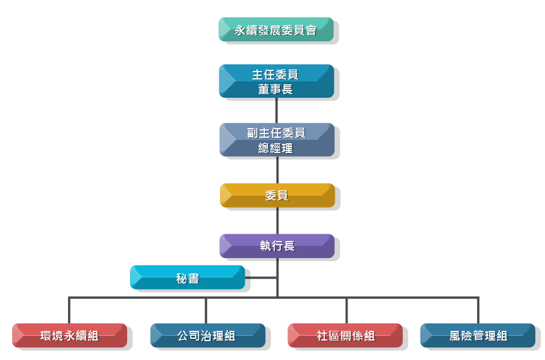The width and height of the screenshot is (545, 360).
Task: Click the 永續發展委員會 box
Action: click(x=276, y=30)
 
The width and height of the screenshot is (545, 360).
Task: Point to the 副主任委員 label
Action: click(x=276, y=133)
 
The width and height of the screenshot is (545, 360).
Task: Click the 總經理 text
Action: click(x=276, y=148)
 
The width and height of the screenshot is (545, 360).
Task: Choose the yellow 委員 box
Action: click(x=277, y=195)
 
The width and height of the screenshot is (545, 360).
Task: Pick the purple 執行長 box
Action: click(x=277, y=246)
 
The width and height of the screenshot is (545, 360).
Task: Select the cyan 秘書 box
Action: click(x=187, y=278)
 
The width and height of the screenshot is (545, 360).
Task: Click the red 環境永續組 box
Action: click(x=69, y=335)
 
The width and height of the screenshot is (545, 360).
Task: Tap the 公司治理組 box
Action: click(x=207, y=335)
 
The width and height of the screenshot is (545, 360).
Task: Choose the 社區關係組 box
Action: click(x=345, y=335)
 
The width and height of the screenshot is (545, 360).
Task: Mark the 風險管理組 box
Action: click(x=478, y=335)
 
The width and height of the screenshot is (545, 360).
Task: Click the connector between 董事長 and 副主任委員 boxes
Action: click(x=277, y=110)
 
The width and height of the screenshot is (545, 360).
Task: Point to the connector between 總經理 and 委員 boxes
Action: click(x=277, y=170)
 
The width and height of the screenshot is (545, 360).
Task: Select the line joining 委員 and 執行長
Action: click(x=277, y=220)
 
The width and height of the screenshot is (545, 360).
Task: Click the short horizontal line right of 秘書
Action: click(x=261, y=278)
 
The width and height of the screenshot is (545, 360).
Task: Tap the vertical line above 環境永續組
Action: click(x=69, y=310)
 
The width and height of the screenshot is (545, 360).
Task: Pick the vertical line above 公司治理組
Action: click(x=206, y=310)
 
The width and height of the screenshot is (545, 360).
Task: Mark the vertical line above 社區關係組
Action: click(x=347, y=310)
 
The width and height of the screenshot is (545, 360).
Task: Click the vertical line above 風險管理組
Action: click(x=478, y=310)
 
